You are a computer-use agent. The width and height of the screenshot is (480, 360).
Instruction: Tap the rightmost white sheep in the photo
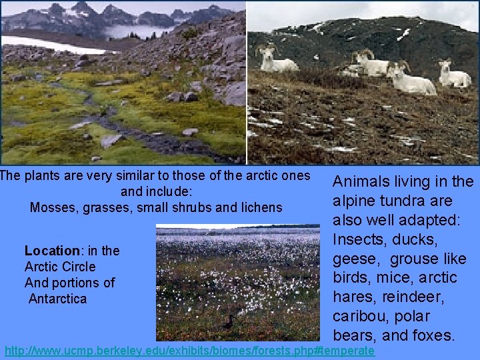pos(455,74)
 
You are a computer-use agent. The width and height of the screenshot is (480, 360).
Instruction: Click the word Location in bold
pos(51,251)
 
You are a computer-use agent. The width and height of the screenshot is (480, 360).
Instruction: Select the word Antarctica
pos(57,299)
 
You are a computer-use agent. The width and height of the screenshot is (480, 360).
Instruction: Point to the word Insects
pos(359,239)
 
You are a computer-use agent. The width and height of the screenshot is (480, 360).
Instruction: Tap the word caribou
pos(361,316)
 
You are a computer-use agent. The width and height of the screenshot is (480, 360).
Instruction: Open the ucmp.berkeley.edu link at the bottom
pos(189,351)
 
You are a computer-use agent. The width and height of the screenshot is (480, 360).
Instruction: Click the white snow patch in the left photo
pos(47,45)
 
